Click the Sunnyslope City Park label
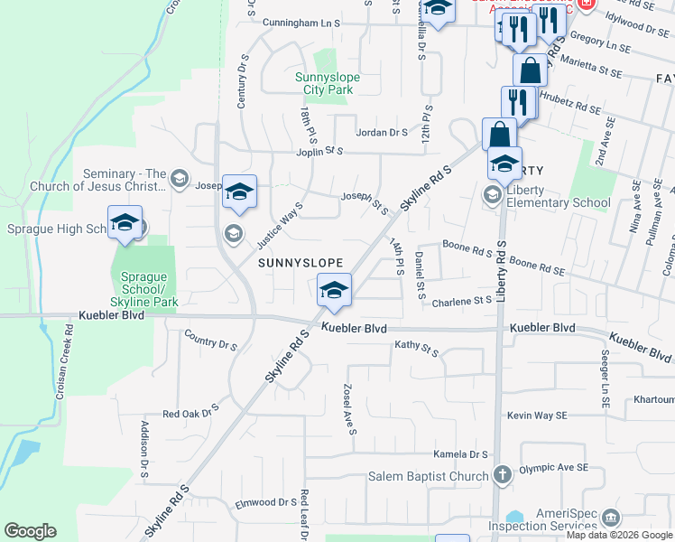(328, 84)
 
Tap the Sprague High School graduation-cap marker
(125, 223)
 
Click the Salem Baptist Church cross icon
(503, 473)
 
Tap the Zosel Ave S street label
(348, 408)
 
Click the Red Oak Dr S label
(191, 414)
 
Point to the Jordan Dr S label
(383, 132)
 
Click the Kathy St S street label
(416, 346)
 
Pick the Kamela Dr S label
(460, 454)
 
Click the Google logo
(31, 531)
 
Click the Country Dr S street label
(210, 343)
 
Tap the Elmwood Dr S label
(266, 502)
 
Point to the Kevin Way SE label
(537, 415)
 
